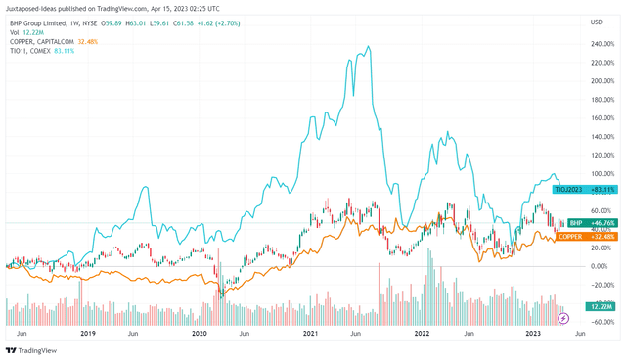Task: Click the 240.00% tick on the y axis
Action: click(603, 44)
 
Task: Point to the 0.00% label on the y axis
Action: click(600, 266)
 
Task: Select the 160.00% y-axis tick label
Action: click(603, 118)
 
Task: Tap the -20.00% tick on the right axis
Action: click(602, 285)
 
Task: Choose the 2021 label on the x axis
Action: click(311, 334)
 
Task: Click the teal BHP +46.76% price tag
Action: click(584, 223)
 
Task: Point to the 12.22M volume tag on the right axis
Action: click(601, 307)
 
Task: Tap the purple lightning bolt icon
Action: click(563, 319)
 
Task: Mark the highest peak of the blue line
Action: click(368, 46)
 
